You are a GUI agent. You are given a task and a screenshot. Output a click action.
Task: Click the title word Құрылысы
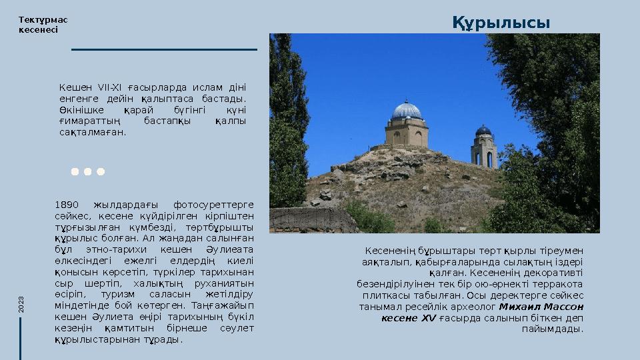tap(501, 23)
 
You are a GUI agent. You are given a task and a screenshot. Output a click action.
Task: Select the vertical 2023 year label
tap(21, 305)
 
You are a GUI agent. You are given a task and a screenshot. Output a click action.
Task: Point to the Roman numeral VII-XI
tap(109, 87)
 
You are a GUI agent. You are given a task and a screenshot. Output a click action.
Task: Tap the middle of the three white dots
tap(87, 171)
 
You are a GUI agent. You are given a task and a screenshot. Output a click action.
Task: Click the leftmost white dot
tap(75, 171)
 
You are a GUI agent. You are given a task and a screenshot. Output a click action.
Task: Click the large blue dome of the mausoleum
tap(407, 110)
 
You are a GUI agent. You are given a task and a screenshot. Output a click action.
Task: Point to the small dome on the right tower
tap(484, 130)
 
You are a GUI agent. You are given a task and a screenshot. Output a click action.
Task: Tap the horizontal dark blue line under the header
tap(163, 49)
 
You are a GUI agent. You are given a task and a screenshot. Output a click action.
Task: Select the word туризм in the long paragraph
tap(119, 293)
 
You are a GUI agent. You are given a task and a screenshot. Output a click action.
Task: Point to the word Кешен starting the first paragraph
tap(73, 87)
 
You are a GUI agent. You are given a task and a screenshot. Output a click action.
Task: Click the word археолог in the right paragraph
tap(475, 307)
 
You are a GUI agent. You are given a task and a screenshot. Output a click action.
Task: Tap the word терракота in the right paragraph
tap(559, 284)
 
